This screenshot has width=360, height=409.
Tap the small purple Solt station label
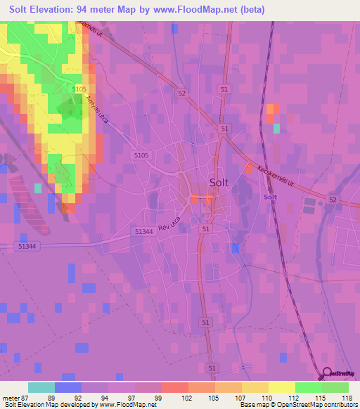[x=270, y=197]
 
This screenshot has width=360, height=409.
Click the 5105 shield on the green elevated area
[x=79, y=89]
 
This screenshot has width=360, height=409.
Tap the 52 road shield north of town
[x=181, y=93]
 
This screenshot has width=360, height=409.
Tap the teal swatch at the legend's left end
[x=41, y=387]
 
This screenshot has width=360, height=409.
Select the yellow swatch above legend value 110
[x=281, y=387]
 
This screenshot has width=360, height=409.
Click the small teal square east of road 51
[x=276, y=128]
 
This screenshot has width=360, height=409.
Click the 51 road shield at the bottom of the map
[x=211, y=368]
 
